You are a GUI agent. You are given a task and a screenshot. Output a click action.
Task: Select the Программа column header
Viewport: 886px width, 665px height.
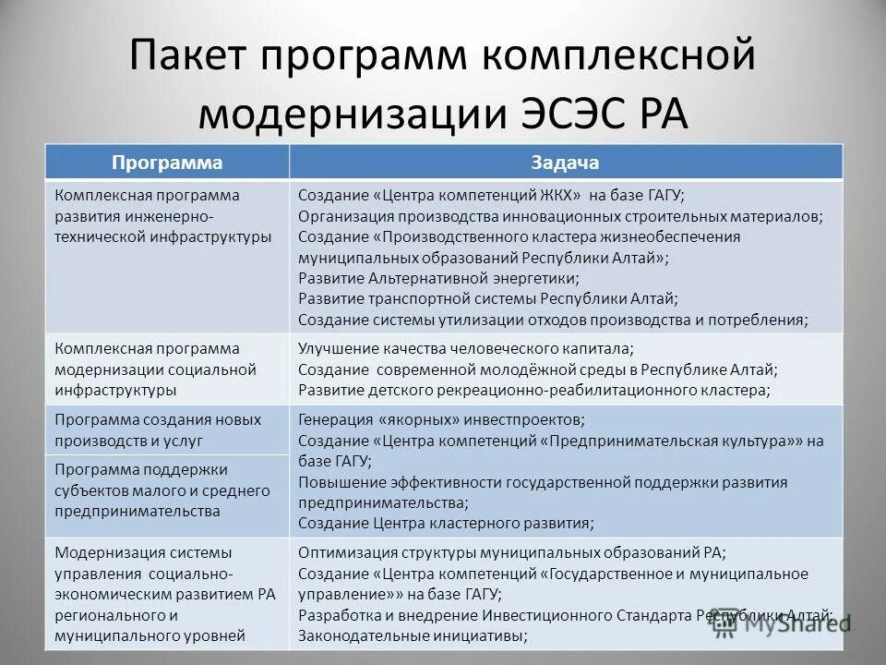pyautogui.click(x=168, y=162)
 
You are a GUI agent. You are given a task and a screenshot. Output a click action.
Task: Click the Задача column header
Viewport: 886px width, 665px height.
pyautogui.click(x=566, y=162)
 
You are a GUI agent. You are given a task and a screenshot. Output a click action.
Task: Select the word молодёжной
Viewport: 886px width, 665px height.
pyautogui.click(x=517, y=369)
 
